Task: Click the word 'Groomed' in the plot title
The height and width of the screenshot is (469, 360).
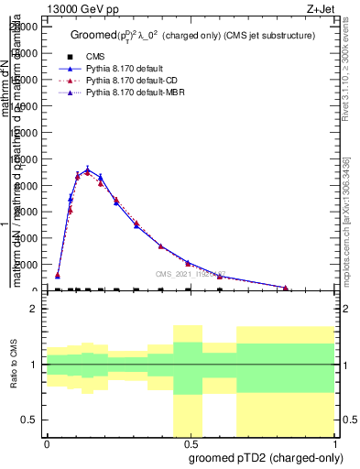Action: pos(91,35)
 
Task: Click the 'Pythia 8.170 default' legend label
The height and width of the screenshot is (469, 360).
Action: pos(124,69)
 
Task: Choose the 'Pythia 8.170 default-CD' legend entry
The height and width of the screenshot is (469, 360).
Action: pos(130,81)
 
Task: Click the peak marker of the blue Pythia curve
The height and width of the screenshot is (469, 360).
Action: pos(87,170)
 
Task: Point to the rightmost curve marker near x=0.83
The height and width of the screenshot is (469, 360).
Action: pos(286,288)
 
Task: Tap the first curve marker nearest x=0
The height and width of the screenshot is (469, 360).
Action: pos(58,275)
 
